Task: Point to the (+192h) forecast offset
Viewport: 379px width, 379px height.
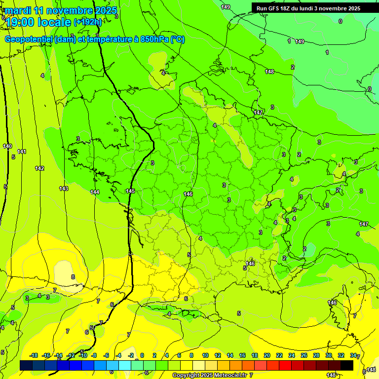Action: (x=87, y=22)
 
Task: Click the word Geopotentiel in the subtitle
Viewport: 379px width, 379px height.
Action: (x=29, y=39)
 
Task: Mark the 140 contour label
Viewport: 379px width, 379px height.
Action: (x=7, y=146)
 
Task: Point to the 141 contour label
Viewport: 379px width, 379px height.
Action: (x=22, y=152)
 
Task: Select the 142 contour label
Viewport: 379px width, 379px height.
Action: (x=39, y=168)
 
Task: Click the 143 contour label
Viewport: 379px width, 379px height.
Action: (x=64, y=189)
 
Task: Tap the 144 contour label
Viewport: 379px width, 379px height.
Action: (x=95, y=192)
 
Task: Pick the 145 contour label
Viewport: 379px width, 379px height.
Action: (x=130, y=191)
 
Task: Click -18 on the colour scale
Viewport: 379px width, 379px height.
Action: (x=34, y=355)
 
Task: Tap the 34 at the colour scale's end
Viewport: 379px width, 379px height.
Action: (x=352, y=355)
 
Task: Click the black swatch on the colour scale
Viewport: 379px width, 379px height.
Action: (x=346, y=365)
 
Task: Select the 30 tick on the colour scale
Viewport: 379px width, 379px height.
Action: (x=329, y=355)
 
